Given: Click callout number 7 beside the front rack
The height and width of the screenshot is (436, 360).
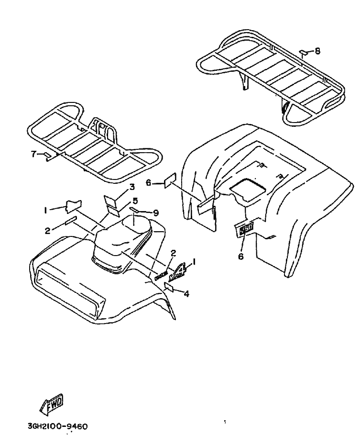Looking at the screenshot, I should point(33,154).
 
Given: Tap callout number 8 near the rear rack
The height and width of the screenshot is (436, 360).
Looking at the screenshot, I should point(318,51).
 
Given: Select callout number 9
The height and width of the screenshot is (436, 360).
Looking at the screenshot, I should point(155,212).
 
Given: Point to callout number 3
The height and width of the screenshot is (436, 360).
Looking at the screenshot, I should point(131,186).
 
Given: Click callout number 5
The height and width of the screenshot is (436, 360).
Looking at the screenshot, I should point(135,201).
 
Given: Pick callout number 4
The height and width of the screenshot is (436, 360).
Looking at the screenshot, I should point(186,294).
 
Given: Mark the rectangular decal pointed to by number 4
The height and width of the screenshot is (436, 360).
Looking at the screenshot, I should point(170,287).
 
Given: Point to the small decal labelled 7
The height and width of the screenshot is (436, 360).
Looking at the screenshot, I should point(47,156).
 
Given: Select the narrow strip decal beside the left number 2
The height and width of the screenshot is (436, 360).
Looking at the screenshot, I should point(70,221).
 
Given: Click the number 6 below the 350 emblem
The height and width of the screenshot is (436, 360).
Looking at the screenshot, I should point(240,256).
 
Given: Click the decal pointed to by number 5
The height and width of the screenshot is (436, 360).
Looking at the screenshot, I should point(113,209).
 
